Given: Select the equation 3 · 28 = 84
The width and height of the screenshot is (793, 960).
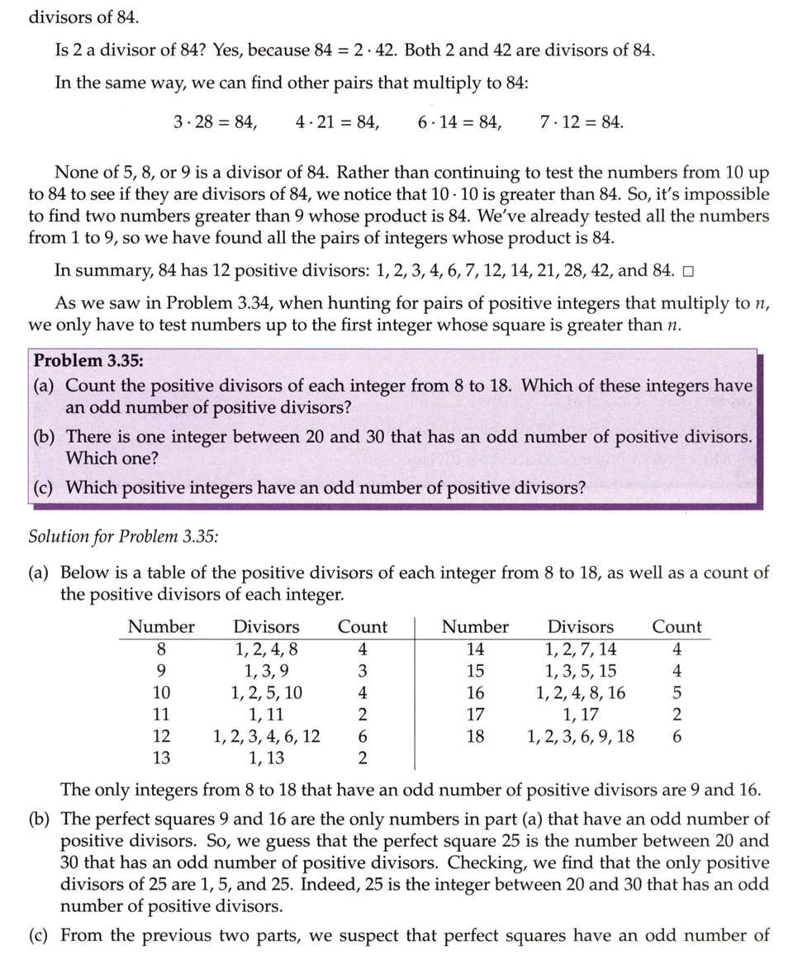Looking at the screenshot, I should click(215, 122).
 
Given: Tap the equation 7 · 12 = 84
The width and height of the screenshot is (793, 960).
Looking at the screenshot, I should click(581, 122).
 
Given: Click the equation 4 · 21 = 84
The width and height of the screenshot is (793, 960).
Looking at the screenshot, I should click(337, 122).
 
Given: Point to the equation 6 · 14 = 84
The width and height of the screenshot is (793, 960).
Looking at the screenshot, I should click(459, 122).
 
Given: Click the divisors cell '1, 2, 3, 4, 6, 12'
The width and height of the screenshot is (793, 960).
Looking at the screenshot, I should click(266, 735).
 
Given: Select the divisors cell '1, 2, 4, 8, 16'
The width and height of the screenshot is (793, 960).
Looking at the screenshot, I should click(581, 692).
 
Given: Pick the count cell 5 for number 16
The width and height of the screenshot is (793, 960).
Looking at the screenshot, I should click(677, 692).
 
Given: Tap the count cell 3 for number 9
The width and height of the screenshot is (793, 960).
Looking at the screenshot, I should click(362, 671).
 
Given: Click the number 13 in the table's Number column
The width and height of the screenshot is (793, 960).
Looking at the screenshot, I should click(162, 757).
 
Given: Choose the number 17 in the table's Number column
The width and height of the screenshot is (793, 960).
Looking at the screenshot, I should click(475, 714).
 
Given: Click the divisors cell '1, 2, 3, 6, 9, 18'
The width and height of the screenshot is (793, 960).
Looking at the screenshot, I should click(581, 735).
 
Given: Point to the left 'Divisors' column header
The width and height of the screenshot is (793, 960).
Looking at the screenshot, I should click(266, 627).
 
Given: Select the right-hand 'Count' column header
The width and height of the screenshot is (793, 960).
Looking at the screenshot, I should click(677, 627).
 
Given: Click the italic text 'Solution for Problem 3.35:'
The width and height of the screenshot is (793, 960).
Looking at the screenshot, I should click(124, 536).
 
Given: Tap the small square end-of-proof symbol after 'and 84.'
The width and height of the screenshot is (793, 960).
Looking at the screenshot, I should click(688, 271).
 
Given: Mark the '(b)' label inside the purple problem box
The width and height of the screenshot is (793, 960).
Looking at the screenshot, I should click(44, 435).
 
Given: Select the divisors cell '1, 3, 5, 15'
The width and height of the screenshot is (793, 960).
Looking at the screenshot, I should click(581, 671).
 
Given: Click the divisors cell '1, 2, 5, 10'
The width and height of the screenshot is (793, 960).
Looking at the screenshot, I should click(266, 692).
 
